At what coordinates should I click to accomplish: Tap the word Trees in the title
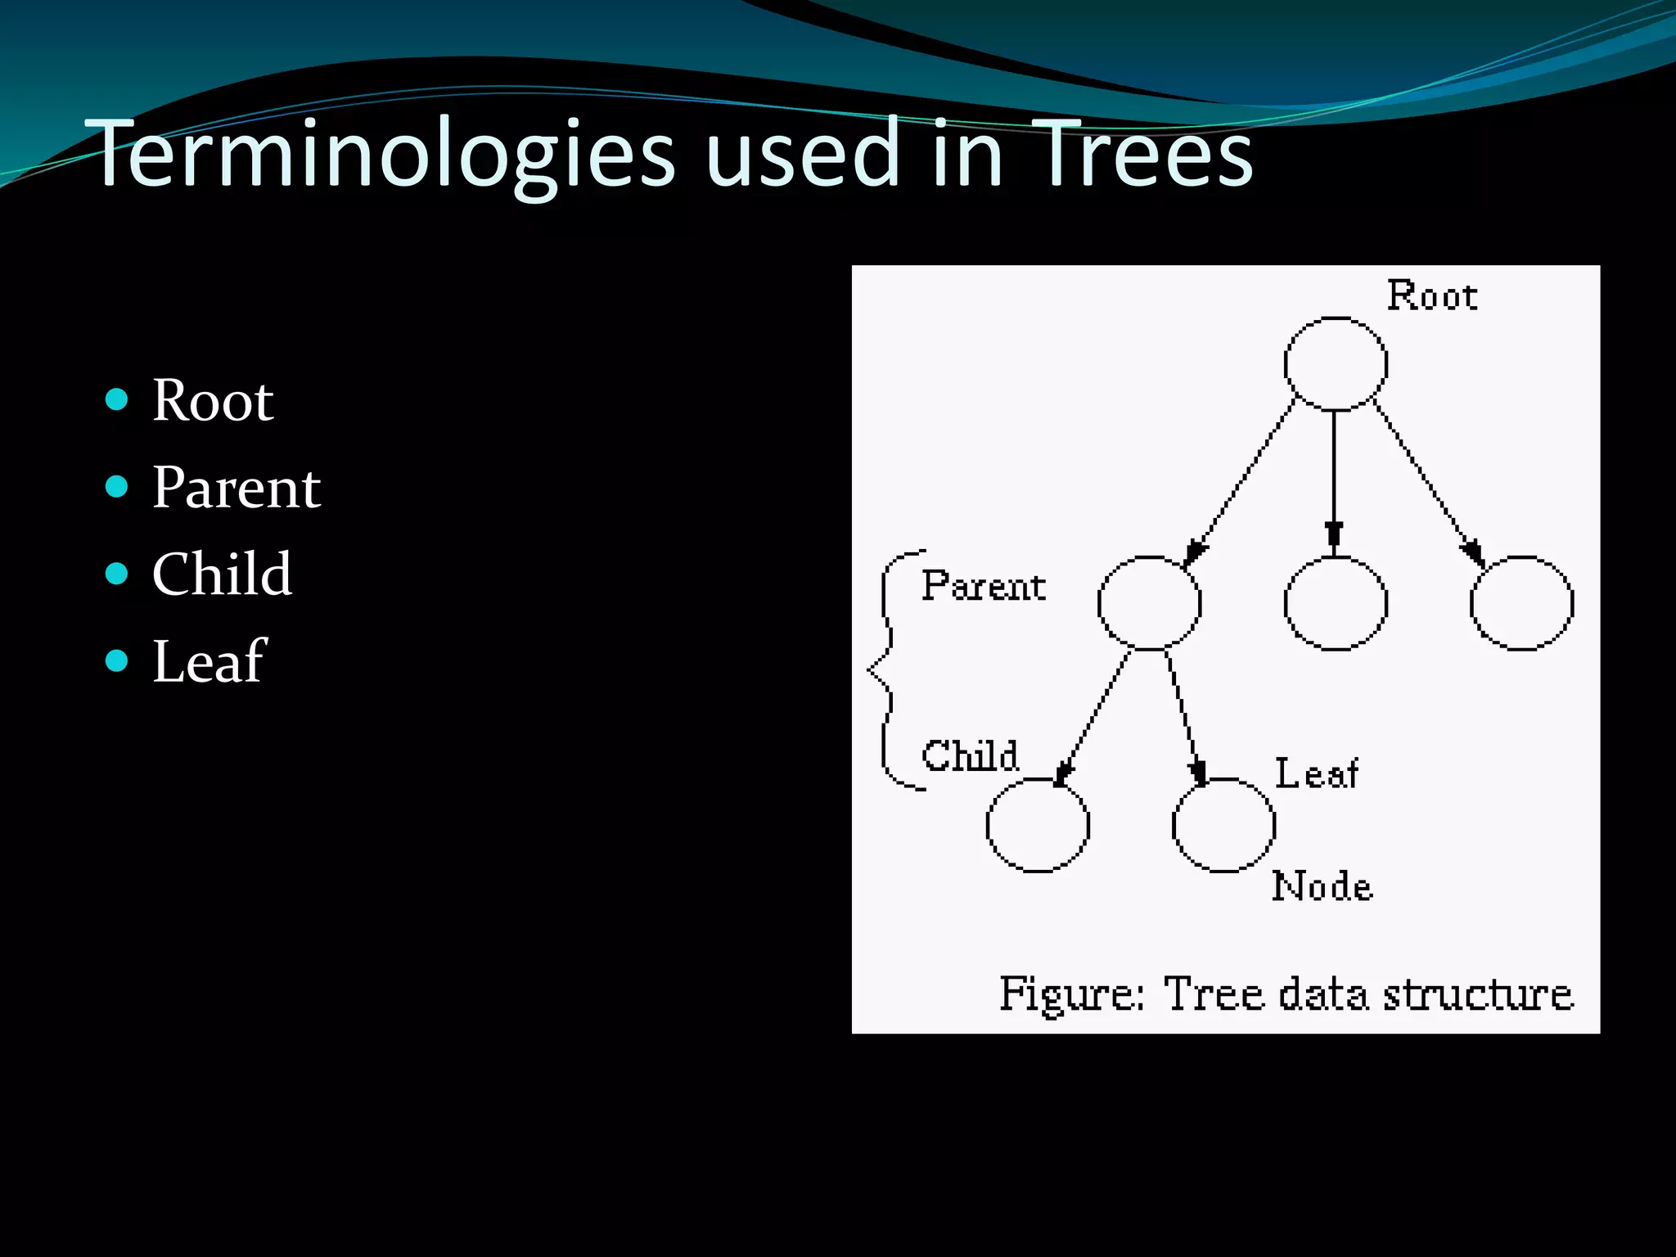pos(1142,154)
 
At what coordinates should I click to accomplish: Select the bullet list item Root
pos(213,401)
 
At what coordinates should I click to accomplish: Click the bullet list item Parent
pos(237,488)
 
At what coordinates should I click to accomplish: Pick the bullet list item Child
pos(222,574)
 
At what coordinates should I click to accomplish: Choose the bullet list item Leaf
pos(209,661)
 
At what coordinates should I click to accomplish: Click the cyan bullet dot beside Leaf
pos(117,660)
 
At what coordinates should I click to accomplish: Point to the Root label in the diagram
pos(1432,296)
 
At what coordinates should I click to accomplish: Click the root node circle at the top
pos(1336,363)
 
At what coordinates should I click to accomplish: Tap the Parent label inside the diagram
pos(984,587)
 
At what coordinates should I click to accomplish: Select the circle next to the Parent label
pos(1149,603)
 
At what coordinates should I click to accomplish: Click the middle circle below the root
pos(1336,603)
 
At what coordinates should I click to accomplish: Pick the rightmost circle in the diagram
pos(1521,603)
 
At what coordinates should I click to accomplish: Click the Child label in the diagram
pos(971,755)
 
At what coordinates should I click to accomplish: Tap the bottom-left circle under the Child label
pos(1038,825)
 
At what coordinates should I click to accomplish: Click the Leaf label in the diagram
pos(1317,774)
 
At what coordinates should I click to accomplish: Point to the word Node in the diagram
pos(1322,886)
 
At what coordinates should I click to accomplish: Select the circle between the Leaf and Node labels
pos(1223,825)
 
